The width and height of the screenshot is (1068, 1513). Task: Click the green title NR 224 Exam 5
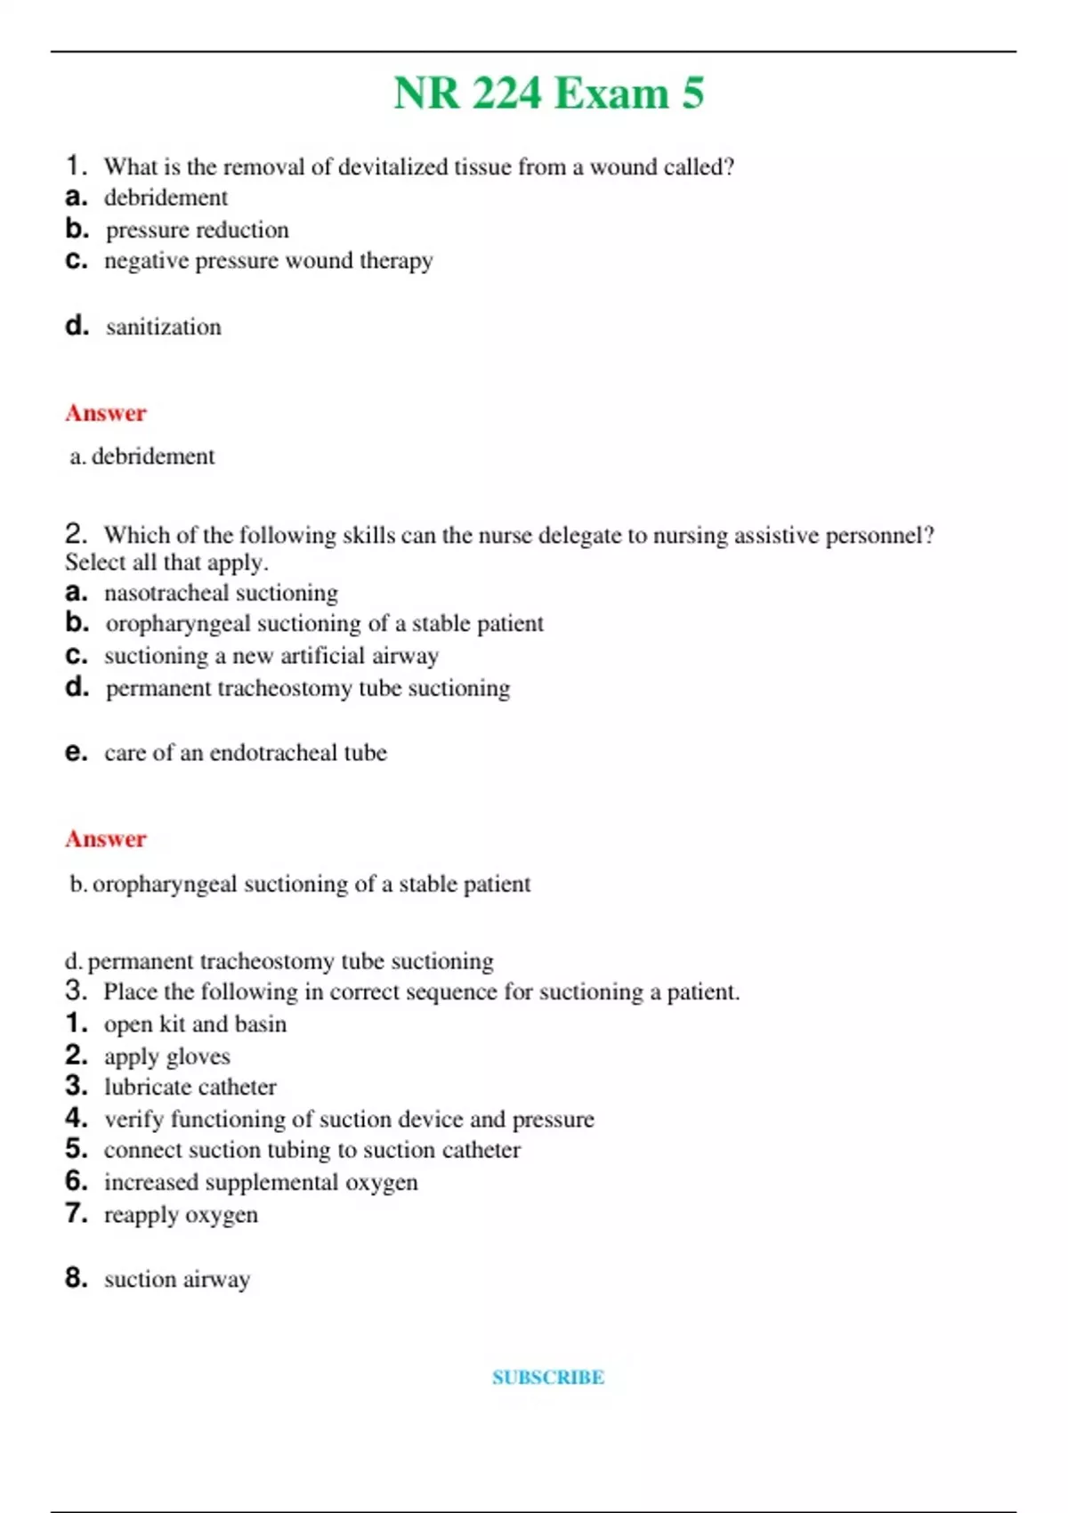coord(548,93)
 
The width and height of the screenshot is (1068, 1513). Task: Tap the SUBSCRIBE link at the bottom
coord(548,1378)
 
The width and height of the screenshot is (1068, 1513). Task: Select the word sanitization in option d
coord(163,328)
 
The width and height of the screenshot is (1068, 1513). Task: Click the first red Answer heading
coord(105,413)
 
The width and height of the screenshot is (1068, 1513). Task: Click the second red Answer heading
coord(105,838)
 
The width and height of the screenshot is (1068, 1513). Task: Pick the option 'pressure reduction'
coord(197,231)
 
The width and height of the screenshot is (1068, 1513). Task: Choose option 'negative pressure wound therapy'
coord(268,261)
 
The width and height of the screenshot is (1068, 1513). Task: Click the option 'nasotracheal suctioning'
coord(221,593)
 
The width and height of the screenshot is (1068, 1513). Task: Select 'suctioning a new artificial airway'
coord(271,656)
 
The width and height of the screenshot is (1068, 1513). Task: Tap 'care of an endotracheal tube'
coord(245,753)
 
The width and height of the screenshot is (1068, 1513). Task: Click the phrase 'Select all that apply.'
coord(166,562)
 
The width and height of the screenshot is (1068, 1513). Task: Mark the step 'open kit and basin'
coord(195,1024)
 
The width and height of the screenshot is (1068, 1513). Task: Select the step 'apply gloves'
coord(166,1056)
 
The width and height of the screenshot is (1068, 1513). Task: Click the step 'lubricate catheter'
coord(190,1087)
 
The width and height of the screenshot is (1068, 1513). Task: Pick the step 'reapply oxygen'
coord(181,1215)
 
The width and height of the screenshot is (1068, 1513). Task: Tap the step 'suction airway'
coord(177,1280)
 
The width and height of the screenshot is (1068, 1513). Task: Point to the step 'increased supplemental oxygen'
coord(260,1183)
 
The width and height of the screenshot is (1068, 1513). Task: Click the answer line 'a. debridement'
coord(142,457)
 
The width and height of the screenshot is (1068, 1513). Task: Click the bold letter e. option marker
coord(77,753)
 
